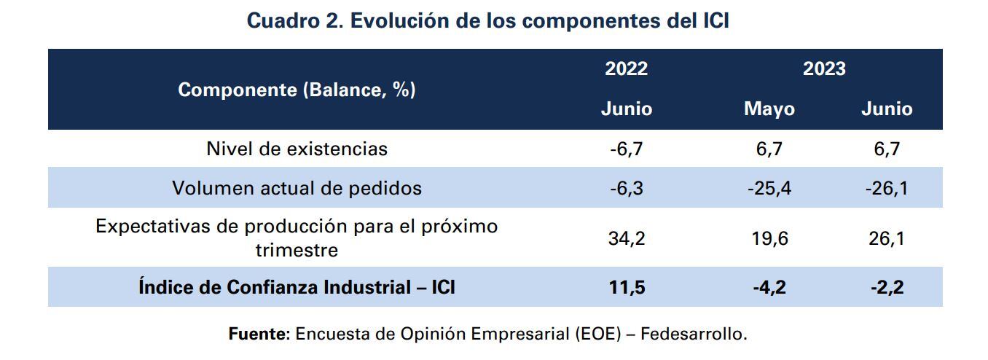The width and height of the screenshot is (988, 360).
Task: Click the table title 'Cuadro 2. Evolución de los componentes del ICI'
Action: click(487, 20)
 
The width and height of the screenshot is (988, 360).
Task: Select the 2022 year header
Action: click(626, 69)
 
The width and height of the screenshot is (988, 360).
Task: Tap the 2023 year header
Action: click(824, 69)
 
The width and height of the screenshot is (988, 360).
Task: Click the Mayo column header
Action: click(769, 109)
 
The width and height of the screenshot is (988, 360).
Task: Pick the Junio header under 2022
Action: click(626, 109)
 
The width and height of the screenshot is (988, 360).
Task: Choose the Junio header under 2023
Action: click(886, 109)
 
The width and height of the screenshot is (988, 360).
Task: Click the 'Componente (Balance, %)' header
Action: click(297, 90)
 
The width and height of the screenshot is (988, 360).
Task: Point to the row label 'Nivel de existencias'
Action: click(297, 149)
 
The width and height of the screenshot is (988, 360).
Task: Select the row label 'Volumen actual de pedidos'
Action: click(297, 188)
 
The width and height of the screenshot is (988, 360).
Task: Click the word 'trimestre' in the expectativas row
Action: click(297, 250)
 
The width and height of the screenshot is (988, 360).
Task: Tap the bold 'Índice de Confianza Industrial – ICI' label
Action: click(297, 287)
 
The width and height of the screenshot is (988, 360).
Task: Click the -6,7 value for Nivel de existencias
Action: click(626, 149)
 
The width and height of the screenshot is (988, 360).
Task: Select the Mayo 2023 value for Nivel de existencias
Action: click(769, 149)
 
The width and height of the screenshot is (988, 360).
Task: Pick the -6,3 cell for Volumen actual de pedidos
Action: click(626, 189)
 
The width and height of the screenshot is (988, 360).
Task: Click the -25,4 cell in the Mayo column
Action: click(769, 189)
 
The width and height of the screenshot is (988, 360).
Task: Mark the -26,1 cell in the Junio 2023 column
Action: click(886, 189)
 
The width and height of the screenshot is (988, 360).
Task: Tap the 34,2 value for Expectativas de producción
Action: click(626, 238)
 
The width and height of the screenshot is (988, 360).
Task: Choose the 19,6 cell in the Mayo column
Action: click(769, 238)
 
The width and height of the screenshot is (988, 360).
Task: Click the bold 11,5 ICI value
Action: click(626, 288)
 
